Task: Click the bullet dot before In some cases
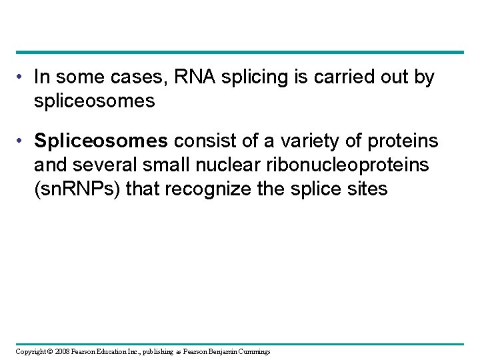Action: pyautogui.click(x=22, y=78)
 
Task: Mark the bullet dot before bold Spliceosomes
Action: pyautogui.click(x=22, y=141)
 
